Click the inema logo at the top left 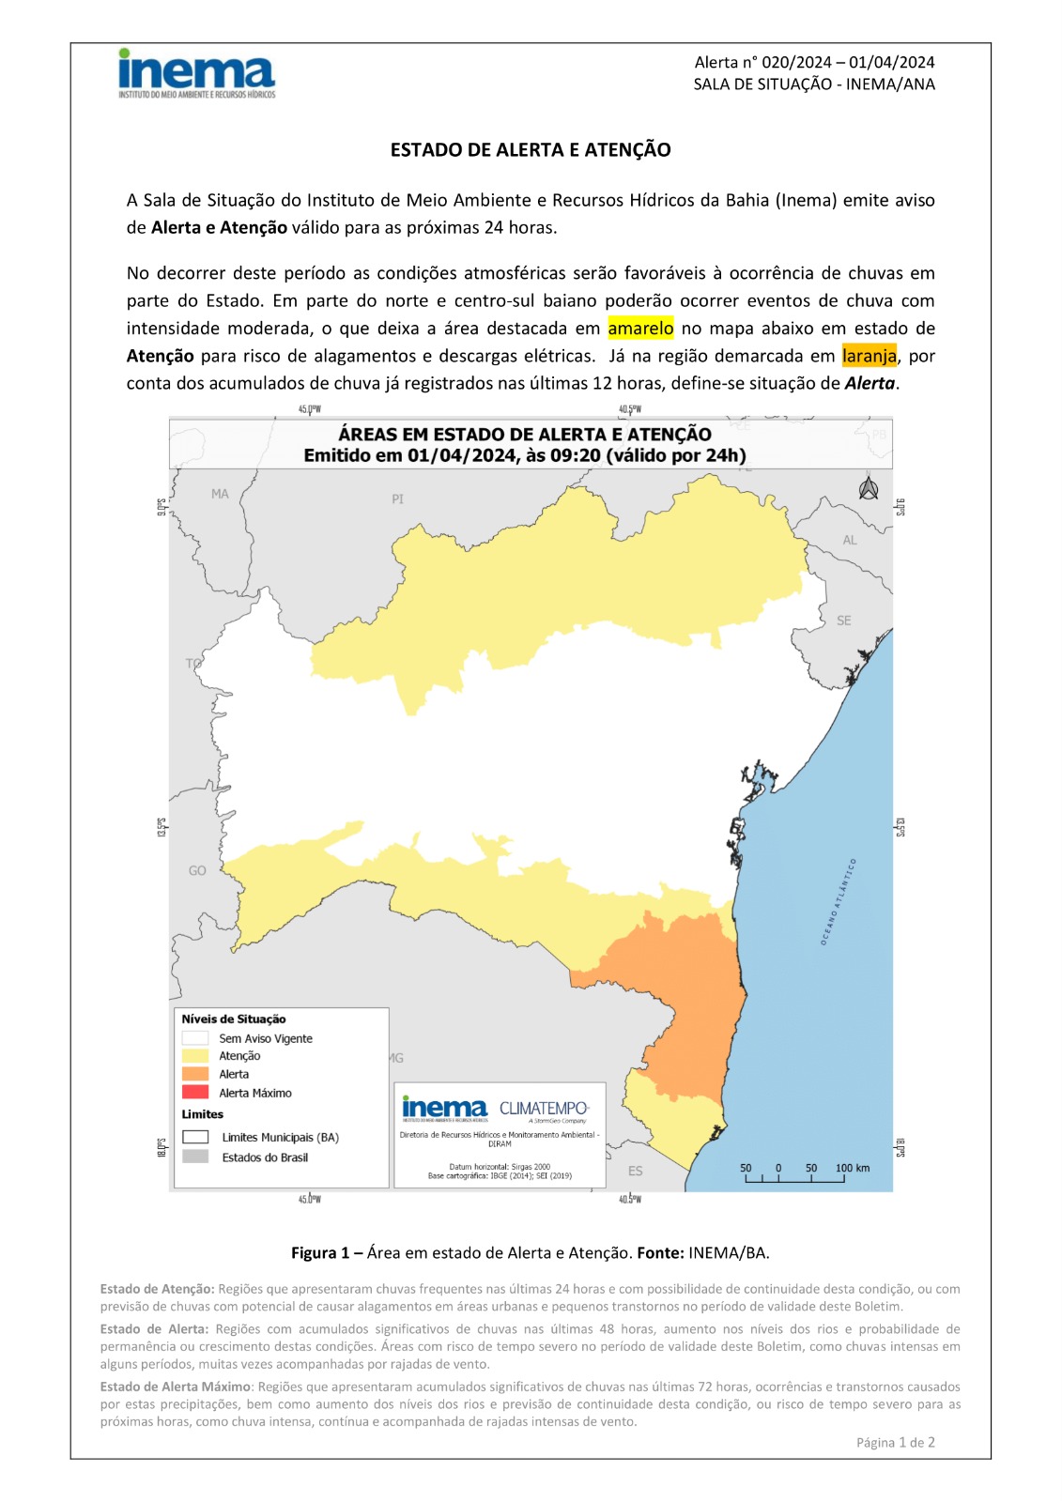click(x=196, y=72)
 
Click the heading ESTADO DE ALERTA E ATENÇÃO click(x=531, y=150)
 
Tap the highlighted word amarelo click(x=640, y=329)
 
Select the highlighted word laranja click(x=869, y=356)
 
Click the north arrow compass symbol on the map click(x=869, y=489)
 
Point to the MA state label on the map click(x=220, y=494)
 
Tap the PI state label click(x=398, y=499)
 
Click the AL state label click(x=850, y=540)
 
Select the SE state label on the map click(x=844, y=621)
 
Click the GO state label click(x=197, y=871)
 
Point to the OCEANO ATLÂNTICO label click(x=839, y=900)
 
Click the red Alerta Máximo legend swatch click(x=195, y=1093)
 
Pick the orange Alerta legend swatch click(x=195, y=1074)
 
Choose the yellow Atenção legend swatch click(x=195, y=1056)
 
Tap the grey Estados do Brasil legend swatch click(x=195, y=1157)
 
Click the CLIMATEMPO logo click(x=544, y=1109)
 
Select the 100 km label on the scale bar click(x=853, y=1168)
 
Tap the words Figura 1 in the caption click(x=319, y=1253)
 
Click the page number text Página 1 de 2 click(x=895, y=1443)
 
